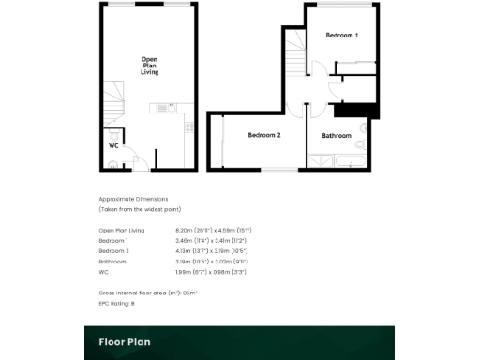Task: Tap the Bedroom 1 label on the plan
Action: (x=341, y=36)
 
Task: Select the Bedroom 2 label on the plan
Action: (x=264, y=136)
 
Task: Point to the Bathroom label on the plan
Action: (x=336, y=136)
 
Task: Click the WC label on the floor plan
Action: (x=113, y=146)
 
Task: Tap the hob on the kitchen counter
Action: (x=188, y=124)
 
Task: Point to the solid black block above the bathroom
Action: (x=352, y=109)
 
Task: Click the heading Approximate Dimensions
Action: (x=132, y=199)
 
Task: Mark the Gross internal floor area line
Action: (x=148, y=293)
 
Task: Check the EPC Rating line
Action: (x=117, y=304)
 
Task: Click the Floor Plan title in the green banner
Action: (x=125, y=342)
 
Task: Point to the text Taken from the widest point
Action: (x=140, y=208)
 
